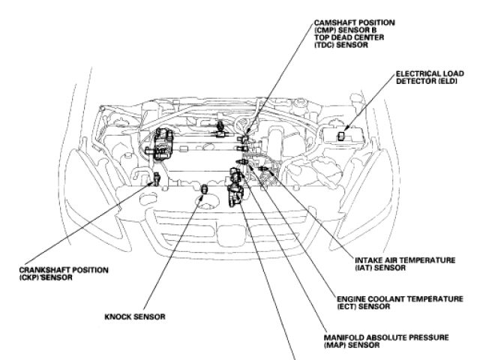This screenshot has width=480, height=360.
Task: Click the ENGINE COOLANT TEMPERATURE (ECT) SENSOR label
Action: tap(400, 302)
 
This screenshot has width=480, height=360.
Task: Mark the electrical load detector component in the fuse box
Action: tap(343, 136)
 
